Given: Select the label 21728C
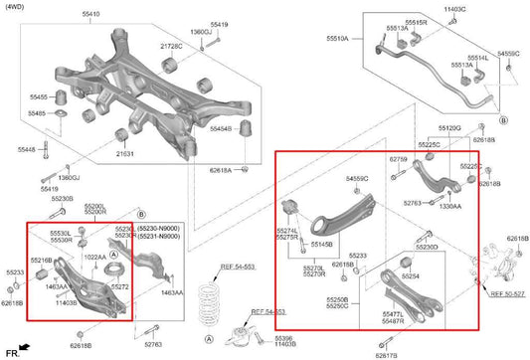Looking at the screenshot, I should tap(171, 47).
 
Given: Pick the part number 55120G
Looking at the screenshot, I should tap(449, 129).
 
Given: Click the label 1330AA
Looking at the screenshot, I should tap(449, 206).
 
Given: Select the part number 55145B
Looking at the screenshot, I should tap(322, 244).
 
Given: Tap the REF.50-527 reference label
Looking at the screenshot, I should tap(506, 293).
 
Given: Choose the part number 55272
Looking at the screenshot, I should tap(119, 286).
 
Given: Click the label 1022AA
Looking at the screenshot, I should tap(95, 258).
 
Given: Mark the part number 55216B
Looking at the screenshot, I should tap(41, 260).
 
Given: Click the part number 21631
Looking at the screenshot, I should tap(125, 154).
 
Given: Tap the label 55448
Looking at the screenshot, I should tap(25, 149).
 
